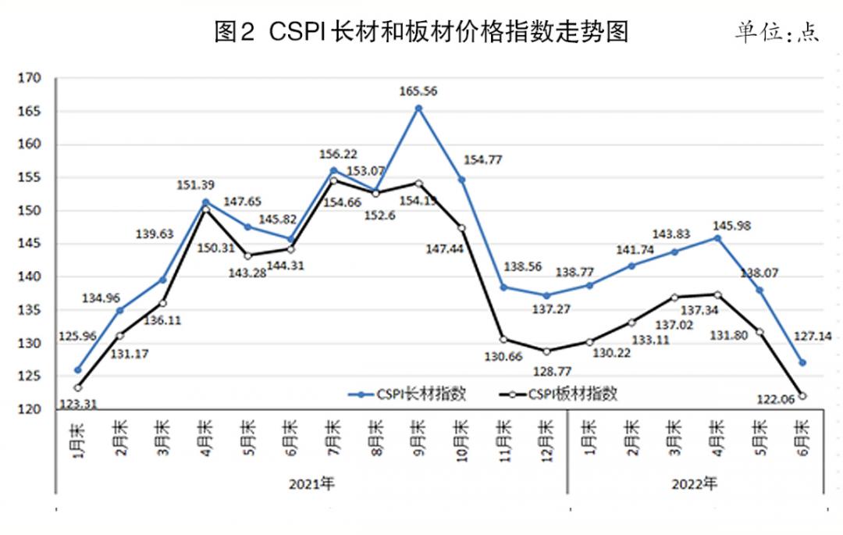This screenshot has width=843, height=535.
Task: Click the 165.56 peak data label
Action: point(419,91)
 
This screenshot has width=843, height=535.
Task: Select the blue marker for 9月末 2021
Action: point(418,109)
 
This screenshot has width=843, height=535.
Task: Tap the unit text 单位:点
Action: point(777,33)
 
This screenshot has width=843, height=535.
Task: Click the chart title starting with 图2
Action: point(421,32)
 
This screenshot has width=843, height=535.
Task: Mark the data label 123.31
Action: point(79,405)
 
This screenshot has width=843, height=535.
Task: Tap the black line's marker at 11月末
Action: point(503,339)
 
